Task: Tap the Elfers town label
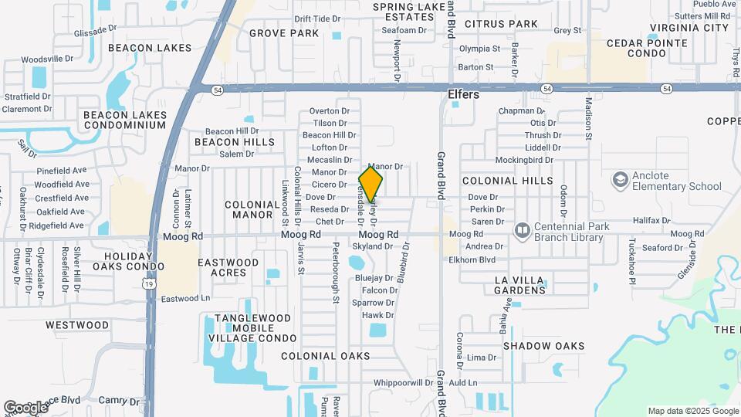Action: [463, 95]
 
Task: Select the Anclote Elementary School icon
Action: [620, 180]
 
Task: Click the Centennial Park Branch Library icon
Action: [523, 231]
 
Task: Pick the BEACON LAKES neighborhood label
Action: [149, 48]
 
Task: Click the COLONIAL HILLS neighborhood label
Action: [507, 181]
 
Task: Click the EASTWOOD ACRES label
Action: [228, 267]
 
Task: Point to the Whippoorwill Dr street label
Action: [403, 382]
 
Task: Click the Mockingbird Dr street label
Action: [524, 160]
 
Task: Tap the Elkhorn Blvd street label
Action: [472, 260]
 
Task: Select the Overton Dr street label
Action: [330, 110]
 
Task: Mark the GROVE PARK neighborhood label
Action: [284, 33]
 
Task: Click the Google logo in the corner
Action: [25, 407]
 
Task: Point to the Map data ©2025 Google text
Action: [692, 411]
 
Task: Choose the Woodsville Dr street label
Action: [47, 59]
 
